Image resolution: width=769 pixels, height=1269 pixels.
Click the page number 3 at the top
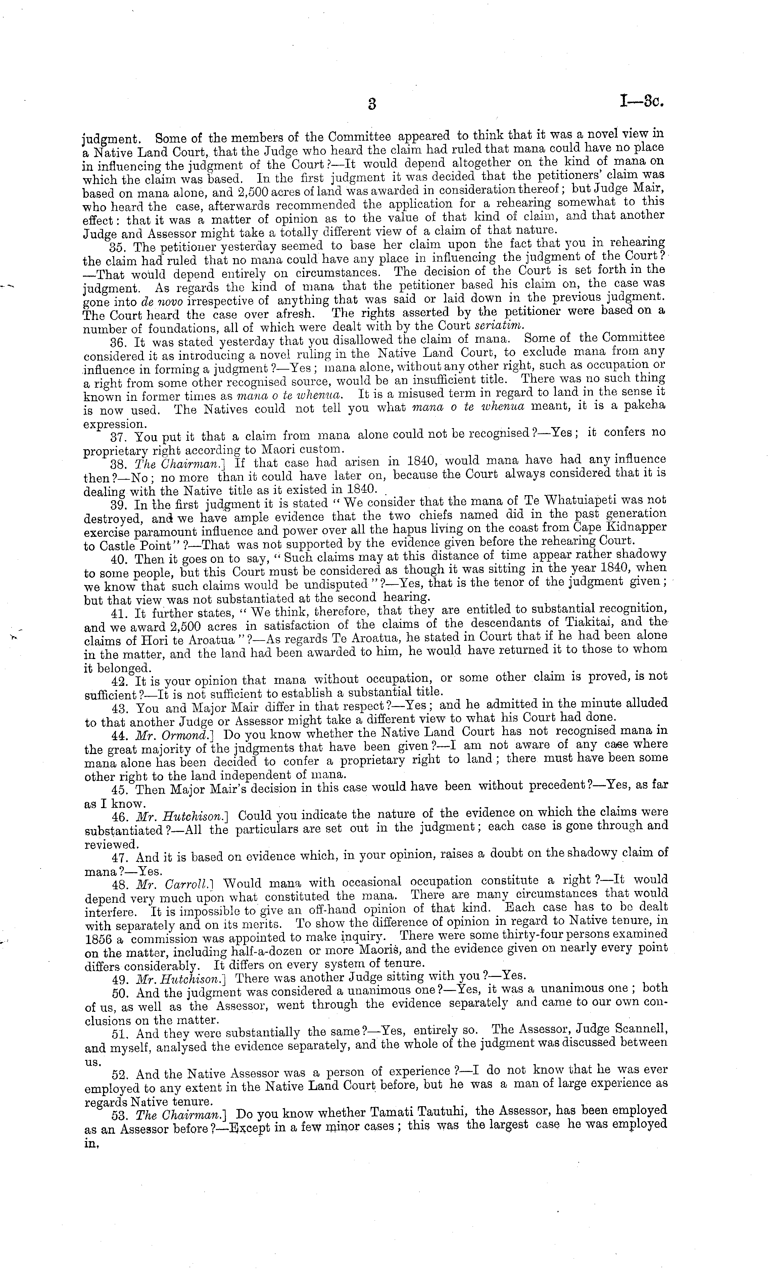coord(372,104)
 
